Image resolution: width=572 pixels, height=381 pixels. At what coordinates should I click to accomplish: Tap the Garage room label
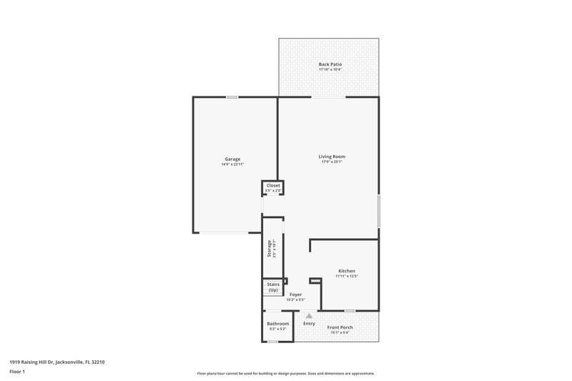pos(232,159)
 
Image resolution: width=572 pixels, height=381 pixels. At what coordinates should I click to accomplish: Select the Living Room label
pos(332,156)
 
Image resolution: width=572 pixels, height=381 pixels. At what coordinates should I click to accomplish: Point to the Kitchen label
pos(347,270)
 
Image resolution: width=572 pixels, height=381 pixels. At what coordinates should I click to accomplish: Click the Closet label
pos(273,185)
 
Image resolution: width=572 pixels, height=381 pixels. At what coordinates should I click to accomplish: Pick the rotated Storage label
pos(270,247)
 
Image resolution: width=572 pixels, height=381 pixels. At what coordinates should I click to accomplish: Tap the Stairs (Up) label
pos(273,287)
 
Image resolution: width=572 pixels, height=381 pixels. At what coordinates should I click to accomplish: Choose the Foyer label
pos(295,295)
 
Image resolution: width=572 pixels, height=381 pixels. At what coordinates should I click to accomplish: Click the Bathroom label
pos(278,324)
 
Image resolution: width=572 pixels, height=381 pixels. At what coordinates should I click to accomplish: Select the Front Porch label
pos(340,327)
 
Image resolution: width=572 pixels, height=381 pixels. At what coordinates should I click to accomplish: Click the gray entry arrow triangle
pos(309,315)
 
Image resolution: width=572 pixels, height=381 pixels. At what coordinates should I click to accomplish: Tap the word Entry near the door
pos(309,324)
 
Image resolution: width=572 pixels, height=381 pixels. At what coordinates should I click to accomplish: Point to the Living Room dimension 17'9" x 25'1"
pos(332,162)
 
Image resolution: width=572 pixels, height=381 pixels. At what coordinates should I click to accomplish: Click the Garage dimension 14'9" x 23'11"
pos(232,164)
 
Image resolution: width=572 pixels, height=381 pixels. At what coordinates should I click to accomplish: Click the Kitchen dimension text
pos(347,276)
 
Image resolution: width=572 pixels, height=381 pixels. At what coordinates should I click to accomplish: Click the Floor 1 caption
pos(17,372)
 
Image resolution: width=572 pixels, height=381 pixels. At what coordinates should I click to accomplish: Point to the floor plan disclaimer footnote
pos(285,373)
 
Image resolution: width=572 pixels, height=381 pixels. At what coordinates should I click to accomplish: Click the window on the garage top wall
pos(232,97)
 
